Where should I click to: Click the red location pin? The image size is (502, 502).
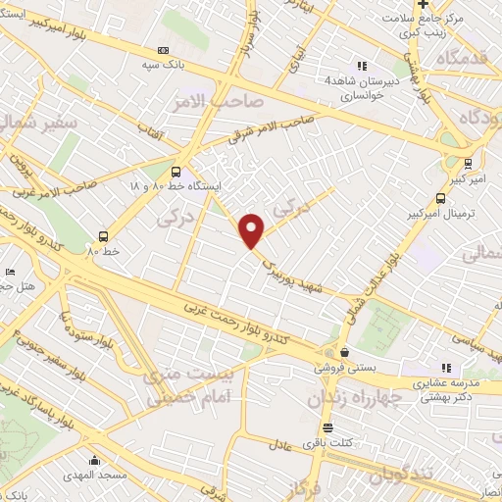click(x=252, y=230)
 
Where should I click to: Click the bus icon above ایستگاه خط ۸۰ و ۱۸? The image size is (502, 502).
click(x=176, y=170)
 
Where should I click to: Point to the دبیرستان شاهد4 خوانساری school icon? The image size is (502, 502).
click(x=362, y=67)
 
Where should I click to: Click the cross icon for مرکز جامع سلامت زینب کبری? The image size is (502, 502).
click(x=423, y=5)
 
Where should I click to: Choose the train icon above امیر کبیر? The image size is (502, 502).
click(x=470, y=164)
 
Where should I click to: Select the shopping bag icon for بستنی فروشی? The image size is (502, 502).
click(x=344, y=352)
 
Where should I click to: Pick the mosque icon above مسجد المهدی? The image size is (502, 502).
click(x=95, y=460)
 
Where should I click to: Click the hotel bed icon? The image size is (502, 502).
click(x=11, y=272)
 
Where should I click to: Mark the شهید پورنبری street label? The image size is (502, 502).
click(x=291, y=270)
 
